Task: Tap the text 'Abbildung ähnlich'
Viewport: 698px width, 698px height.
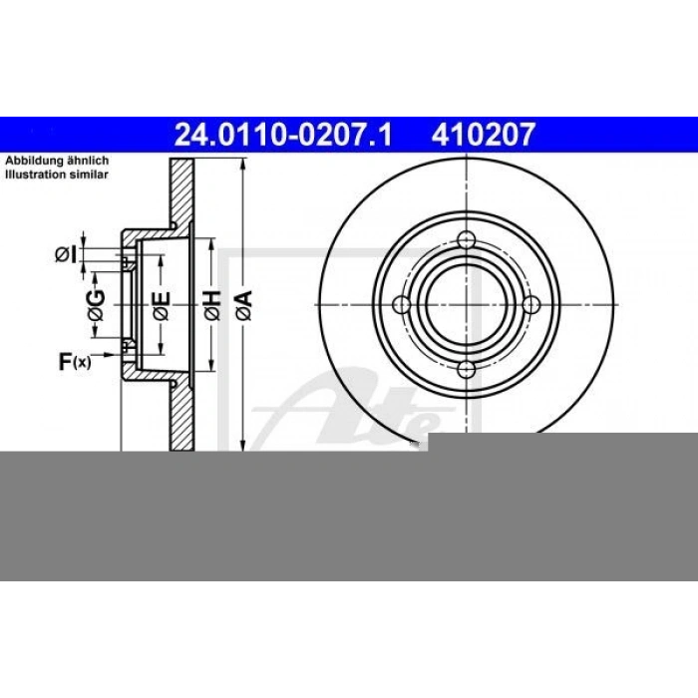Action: pos(57,161)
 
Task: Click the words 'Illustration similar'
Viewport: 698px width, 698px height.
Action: pos(58,174)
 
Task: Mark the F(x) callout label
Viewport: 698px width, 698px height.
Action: pos(74,361)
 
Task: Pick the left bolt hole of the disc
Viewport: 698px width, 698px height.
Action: pos(402,304)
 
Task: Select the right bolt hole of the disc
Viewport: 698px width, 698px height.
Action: pos(531,304)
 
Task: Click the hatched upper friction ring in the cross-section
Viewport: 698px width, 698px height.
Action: pos(180,194)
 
